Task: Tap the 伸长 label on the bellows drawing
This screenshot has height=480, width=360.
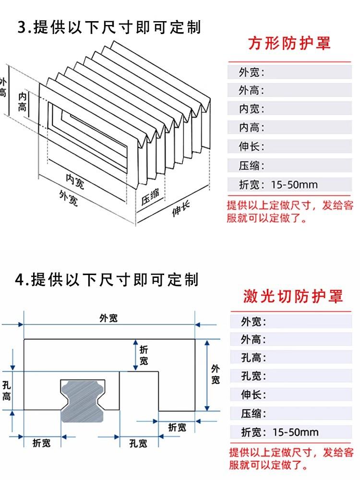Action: pyautogui.click(x=180, y=209)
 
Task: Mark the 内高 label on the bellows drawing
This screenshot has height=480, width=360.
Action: pyautogui.click(x=22, y=101)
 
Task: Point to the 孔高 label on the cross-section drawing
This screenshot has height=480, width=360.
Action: pyautogui.click(x=6, y=390)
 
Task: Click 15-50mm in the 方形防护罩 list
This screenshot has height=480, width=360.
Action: pyautogui.click(x=294, y=185)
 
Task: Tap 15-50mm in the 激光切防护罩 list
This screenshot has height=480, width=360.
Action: pyautogui.click(x=295, y=432)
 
